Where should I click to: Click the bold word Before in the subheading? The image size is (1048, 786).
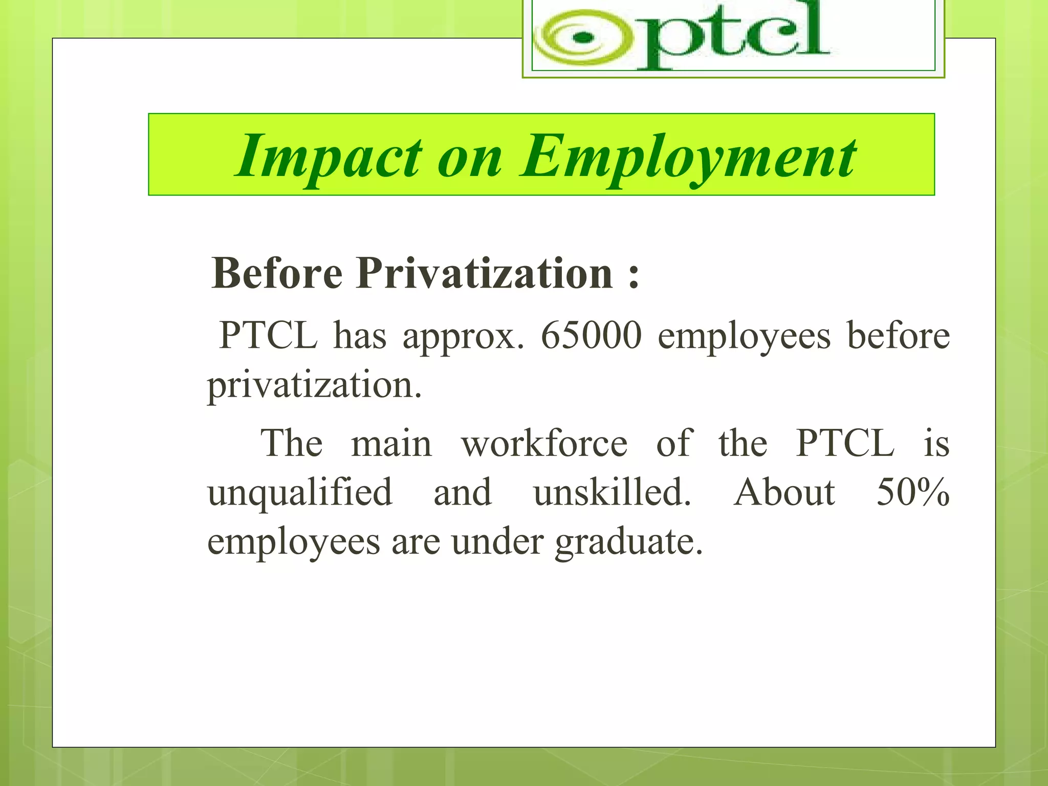click(276, 273)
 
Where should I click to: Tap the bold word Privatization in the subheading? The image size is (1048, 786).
click(485, 273)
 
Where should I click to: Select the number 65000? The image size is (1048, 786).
click(591, 336)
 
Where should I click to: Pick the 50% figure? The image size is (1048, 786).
click(913, 492)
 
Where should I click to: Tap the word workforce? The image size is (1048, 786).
click(544, 443)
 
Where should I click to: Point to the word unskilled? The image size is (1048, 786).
click(612, 492)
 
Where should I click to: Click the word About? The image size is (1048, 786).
click(784, 492)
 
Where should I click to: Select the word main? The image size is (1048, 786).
click(391, 443)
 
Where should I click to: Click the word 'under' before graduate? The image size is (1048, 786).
click(497, 541)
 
